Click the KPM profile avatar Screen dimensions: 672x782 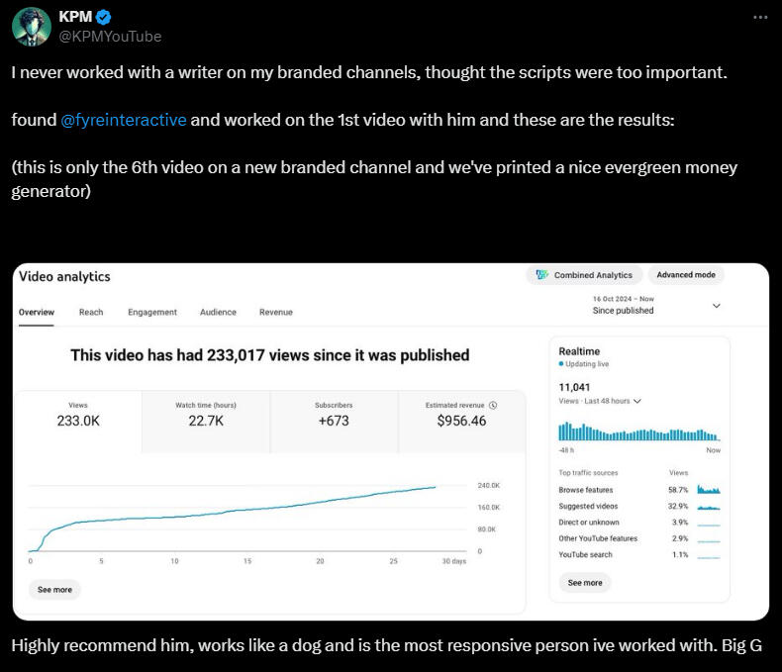[x=32, y=27]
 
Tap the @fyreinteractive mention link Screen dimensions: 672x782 [x=124, y=120]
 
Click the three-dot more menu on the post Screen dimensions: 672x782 [x=759, y=18]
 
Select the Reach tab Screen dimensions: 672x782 [x=91, y=312]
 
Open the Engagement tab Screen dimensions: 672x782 [x=152, y=312]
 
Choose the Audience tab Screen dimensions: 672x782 [x=218, y=312]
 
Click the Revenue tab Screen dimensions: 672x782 [x=276, y=312]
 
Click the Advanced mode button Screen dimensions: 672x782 [x=688, y=275]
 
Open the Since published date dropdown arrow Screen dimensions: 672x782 [x=717, y=307]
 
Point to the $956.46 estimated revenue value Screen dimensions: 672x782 [x=461, y=421]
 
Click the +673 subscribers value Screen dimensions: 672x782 [x=334, y=421]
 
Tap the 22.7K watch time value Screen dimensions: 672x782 [x=206, y=421]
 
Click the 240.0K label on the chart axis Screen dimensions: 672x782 [x=488, y=486]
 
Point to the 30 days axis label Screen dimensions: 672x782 [x=453, y=561]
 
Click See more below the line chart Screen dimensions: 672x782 [x=55, y=589]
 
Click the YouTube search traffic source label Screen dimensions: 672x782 [x=585, y=554]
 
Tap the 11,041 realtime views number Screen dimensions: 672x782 [x=574, y=387]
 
